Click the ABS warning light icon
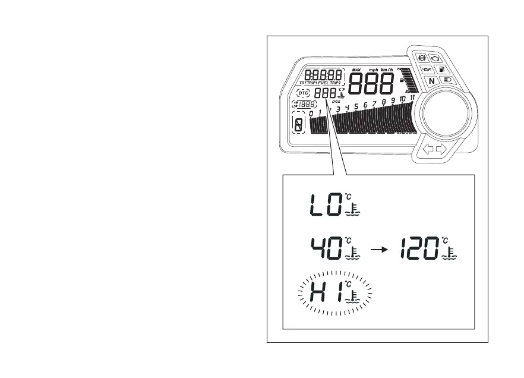pos(422,59)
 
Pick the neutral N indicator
pos(432,80)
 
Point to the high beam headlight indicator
pos(447,79)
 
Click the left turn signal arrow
pos(427,150)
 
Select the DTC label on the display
pos(304,93)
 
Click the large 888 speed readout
pos(370,85)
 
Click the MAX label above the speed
pos(356,70)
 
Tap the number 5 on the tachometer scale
pos(356,106)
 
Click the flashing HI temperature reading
pos(325,292)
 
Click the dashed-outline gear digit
pos(298,124)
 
